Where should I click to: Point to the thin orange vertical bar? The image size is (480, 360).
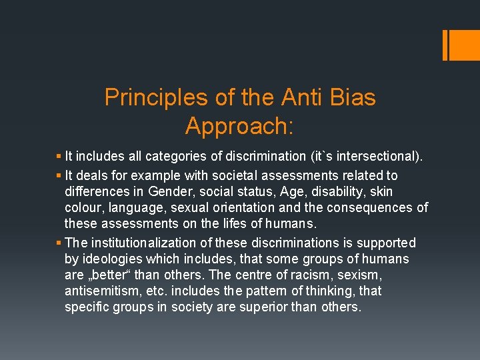tap(445, 45)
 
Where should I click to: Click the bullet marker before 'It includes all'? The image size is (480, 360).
tap(59, 157)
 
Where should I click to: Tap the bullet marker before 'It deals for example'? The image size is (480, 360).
tap(59, 175)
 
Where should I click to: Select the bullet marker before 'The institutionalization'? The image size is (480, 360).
tap(59, 243)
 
